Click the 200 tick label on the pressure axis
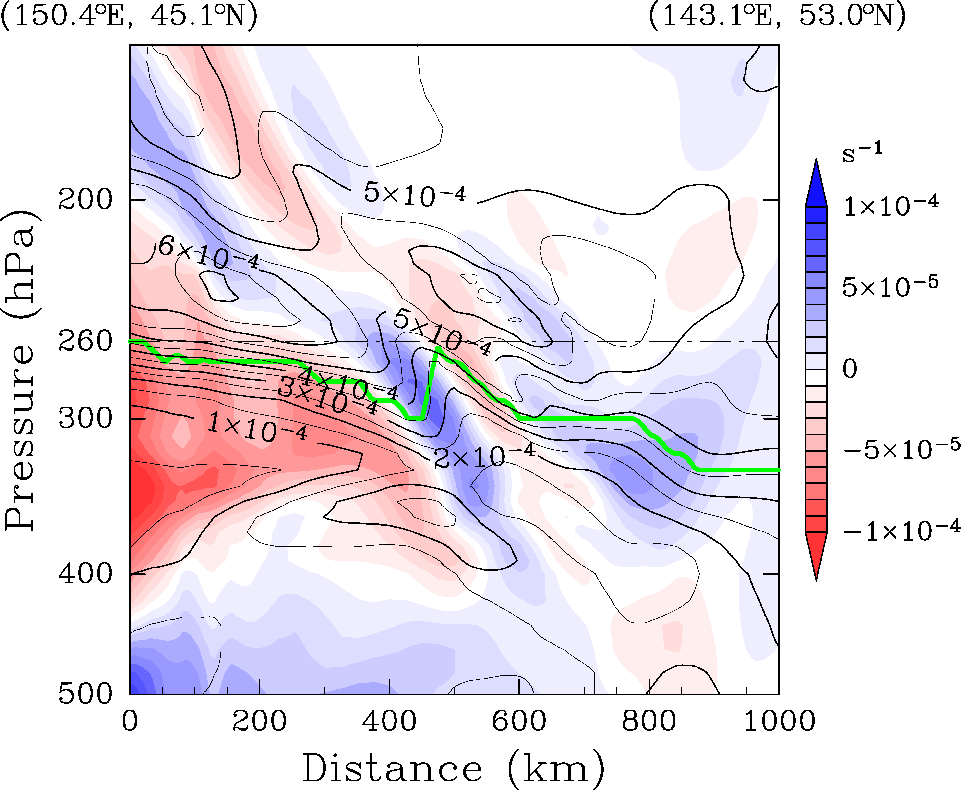[x=85, y=200]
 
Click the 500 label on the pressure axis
[x=85, y=694]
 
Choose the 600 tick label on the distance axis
[x=519, y=722]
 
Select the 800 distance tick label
[x=649, y=722]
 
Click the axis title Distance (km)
[x=454, y=769]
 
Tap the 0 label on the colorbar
[x=850, y=369]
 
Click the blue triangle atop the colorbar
[x=816, y=184]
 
